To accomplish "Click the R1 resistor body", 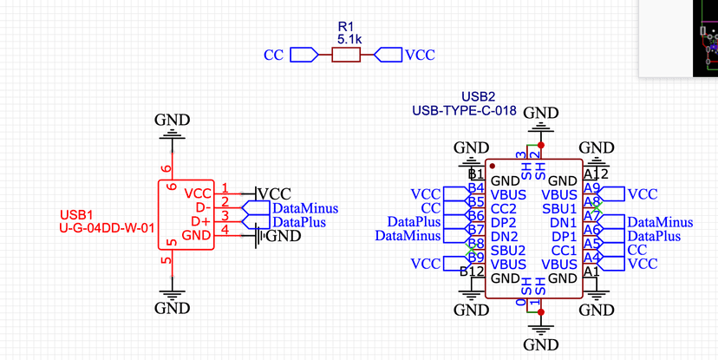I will pos(345,56).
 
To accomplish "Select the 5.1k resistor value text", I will pos(349,39).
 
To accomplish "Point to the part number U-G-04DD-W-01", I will pos(107,229).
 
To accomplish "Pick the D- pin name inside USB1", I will pos(203,208).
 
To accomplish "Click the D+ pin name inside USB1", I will pos(202,221).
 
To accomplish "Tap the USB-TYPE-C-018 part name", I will pos(464,111).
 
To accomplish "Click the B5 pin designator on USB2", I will pos(475,202).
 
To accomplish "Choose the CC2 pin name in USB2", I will pos(504,209).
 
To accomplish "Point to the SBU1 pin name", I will pos(560,209).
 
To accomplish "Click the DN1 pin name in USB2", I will pos(564,223).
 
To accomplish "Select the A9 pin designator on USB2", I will pos(592,188).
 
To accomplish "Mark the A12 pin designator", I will pos(597,174).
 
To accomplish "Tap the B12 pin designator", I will pos(473,272).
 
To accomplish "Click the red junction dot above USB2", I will pos(542,145).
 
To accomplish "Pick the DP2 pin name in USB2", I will pos(504,223).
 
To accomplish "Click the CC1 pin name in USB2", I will pos(564,251).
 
